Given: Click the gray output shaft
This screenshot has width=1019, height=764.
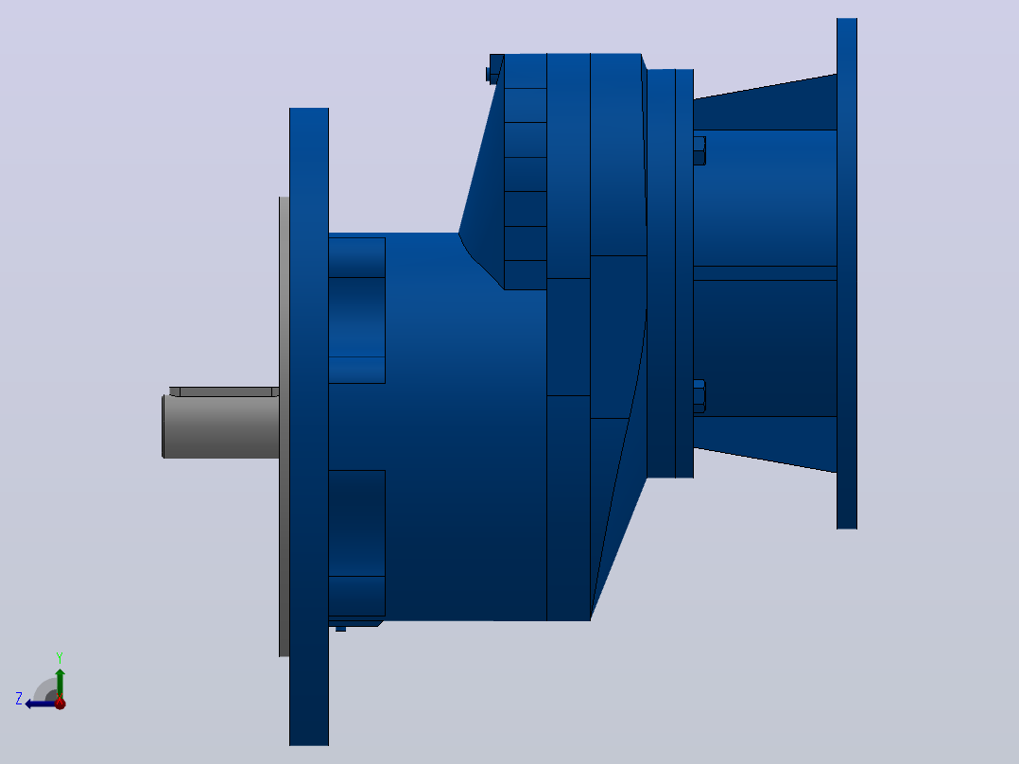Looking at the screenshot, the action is pyautogui.click(x=221, y=426).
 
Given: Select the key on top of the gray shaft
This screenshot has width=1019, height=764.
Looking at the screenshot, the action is pyautogui.click(x=224, y=391).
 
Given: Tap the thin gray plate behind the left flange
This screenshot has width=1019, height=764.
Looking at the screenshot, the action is pyautogui.click(x=284, y=426).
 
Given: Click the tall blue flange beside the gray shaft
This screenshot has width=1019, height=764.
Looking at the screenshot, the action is pyautogui.click(x=309, y=426).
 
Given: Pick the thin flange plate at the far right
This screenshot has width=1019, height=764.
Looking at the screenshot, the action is pyautogui.click(x=847, y=273).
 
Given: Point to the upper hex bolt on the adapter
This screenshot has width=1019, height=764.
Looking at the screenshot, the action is pyautogui.click(x=699, y=151).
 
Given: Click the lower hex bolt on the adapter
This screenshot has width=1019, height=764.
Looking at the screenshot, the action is pyautogui.click(x=699, y=396).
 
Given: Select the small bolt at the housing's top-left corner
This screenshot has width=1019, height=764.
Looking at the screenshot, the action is pyautogui.click(x=493, y=70).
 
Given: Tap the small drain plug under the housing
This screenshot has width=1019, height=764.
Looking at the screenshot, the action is pyautogui.click(x=340, y=629).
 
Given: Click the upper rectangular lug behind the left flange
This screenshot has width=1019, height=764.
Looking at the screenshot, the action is pyautogui.click(x=356, y=310).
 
